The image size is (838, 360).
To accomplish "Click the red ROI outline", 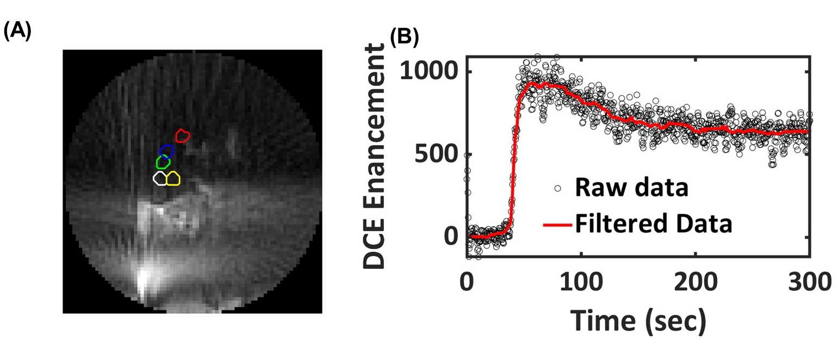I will (x=182, y=135).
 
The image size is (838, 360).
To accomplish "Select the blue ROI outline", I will (x=167, y=151).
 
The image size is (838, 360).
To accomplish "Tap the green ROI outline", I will (x=163, y=162).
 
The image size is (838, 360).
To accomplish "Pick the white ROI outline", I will (x=160, y=178).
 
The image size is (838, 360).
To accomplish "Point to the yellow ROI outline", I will (x=173, y=178).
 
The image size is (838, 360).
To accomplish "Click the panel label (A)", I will (x=17, y=32).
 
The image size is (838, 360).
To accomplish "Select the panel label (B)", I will (x=404, y=37).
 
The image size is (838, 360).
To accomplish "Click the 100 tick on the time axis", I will (x=581, y=283).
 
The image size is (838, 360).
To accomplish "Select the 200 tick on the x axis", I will (x=696, y=283).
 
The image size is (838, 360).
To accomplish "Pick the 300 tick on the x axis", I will (x=809, y=283).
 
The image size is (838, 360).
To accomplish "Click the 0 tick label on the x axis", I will (x=467, y=283).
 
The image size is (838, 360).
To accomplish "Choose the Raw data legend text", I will (x=632, y=189).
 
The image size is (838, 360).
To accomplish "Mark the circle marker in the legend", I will (x=557, y=189).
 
